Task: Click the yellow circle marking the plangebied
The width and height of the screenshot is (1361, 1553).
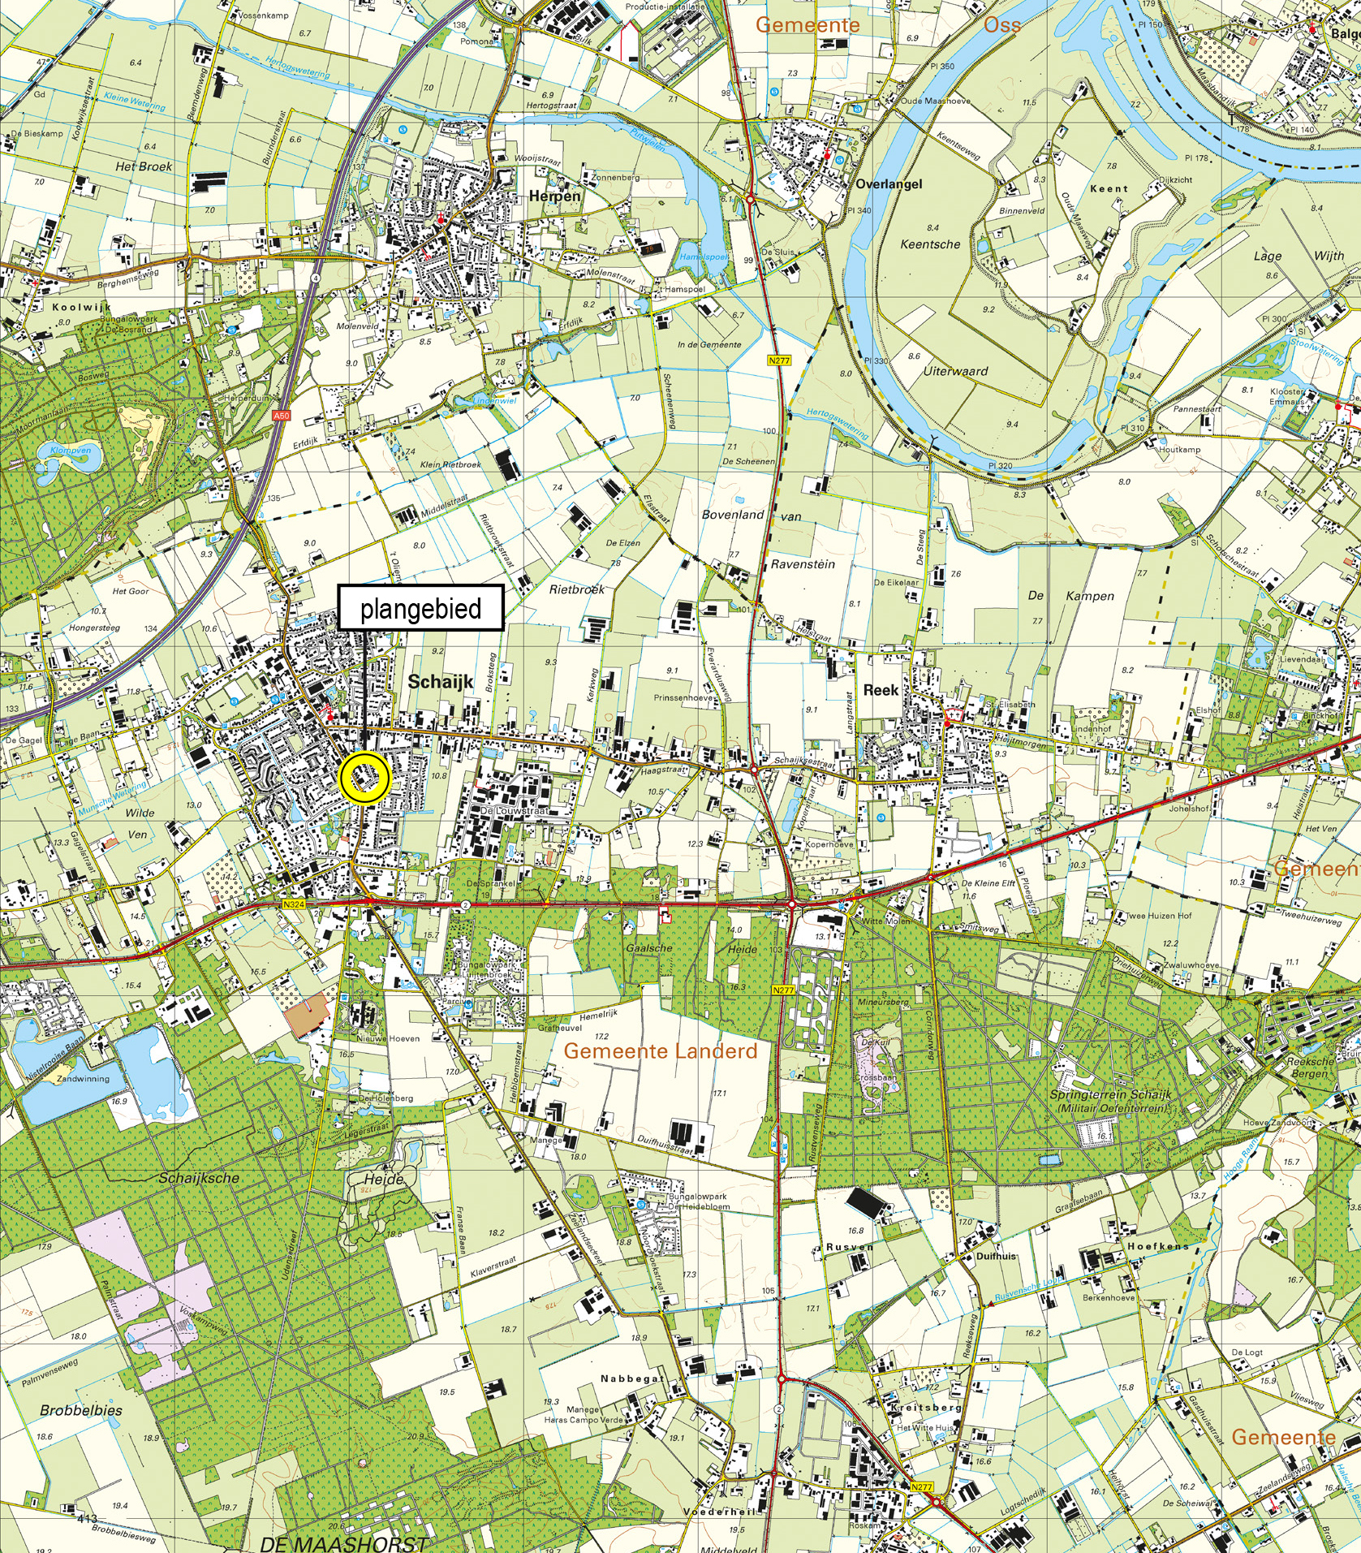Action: point(365,778)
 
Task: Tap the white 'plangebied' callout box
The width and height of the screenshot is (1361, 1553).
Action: point(420,607)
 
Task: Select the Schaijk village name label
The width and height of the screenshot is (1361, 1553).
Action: point(440,682)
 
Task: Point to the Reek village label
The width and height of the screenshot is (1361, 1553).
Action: point(881,690)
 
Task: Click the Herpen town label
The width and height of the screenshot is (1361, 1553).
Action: point(555,196)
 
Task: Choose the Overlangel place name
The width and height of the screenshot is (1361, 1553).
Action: point(889,184)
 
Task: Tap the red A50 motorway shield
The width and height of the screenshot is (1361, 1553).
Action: point(281,416)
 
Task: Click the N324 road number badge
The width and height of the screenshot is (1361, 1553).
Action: point(294,904)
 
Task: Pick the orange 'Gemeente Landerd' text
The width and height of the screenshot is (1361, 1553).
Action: point(660,1051)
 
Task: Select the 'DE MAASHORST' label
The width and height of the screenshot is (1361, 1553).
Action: point(344,1543)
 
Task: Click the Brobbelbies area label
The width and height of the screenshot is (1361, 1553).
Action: point(81,1410)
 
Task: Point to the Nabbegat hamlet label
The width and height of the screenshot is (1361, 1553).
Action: point(632,1378)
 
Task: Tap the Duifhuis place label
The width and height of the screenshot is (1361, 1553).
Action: point(996,1256)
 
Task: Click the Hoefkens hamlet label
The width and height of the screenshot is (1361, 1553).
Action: point(1157,1246)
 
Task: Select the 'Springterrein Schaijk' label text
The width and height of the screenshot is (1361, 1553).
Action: point(1110,1094)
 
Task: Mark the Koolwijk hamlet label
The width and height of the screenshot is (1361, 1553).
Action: point(81,308)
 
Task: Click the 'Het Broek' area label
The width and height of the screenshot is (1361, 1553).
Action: point(144,166)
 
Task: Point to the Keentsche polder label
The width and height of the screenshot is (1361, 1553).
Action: point(930,244)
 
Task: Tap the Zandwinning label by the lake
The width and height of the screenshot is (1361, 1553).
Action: point(83,1079)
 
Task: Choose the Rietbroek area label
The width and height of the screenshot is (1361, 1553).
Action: point(577,589)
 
